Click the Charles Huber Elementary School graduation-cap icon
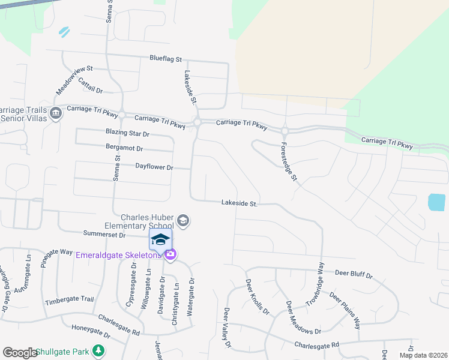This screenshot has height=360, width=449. (x=184, y=221)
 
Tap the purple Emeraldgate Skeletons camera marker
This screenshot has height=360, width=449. (x=170, y=255)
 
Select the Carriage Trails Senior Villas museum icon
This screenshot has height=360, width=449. (x=56, y=113)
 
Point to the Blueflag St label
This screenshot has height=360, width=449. (x=166, y=59)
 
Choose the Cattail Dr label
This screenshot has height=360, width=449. (x=91, y=89)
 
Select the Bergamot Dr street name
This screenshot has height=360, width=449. (x=124, y=148)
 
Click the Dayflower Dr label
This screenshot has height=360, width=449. (x=154, y=167)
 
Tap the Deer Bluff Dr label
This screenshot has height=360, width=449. (x=354, y=274)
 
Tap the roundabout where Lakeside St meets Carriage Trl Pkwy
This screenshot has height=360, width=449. (x=197, y=122)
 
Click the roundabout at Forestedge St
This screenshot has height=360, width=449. (x=285, y=130)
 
